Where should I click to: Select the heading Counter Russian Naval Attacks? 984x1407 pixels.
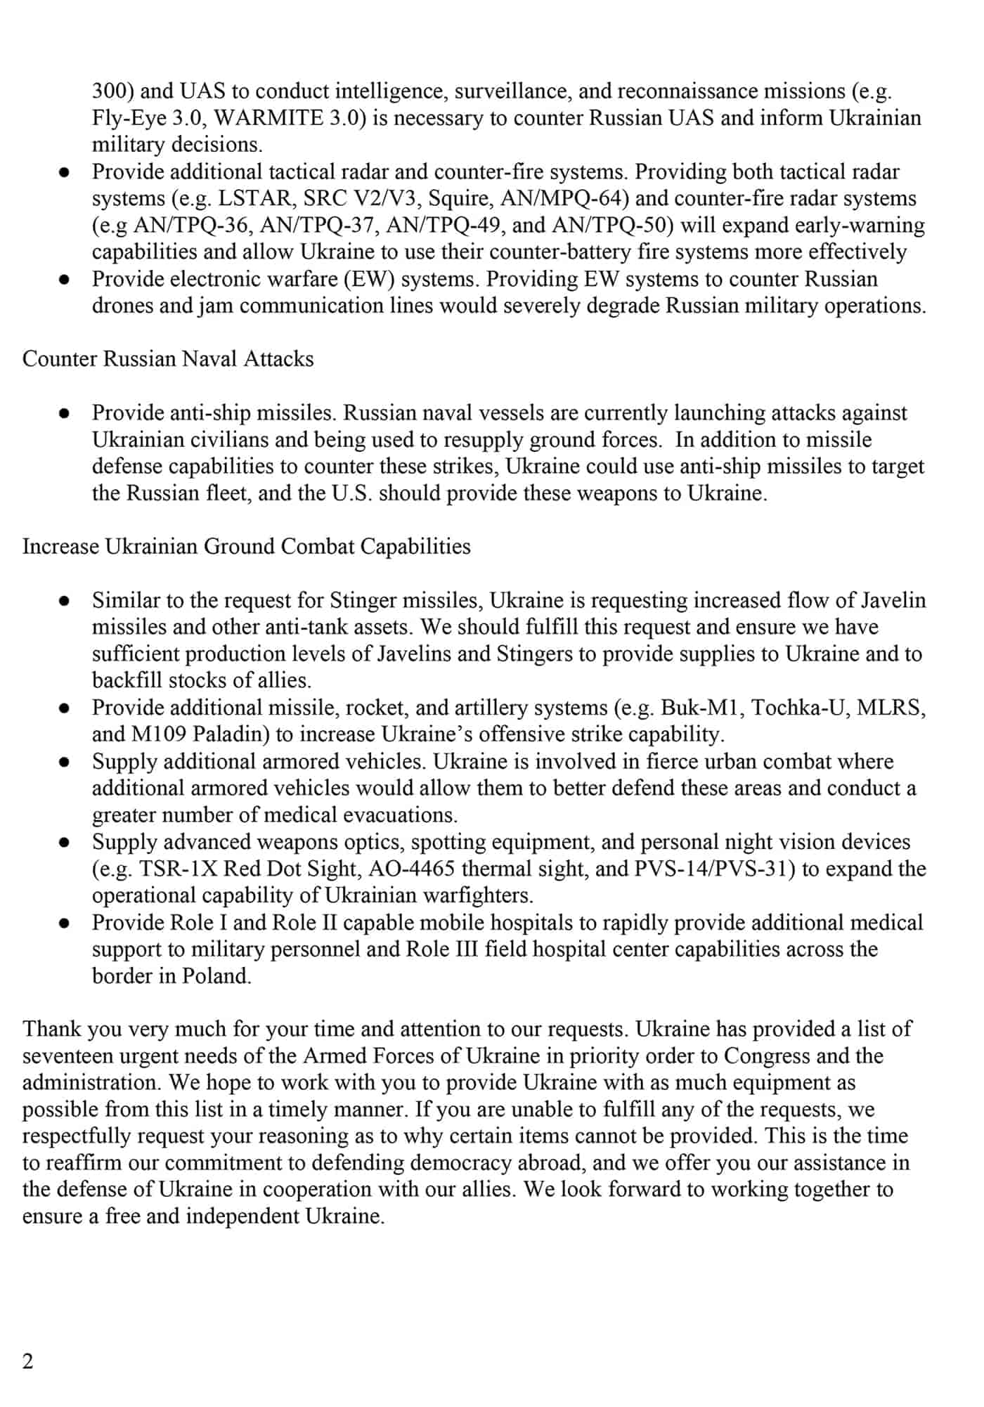pos(168,359)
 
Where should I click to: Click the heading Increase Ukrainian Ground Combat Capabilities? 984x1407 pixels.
pos(246,547)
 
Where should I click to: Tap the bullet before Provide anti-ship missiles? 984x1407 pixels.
pos(64,413)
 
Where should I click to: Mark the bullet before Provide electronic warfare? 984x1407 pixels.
pos(64,280)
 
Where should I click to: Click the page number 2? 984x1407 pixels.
pos(28,1362)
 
